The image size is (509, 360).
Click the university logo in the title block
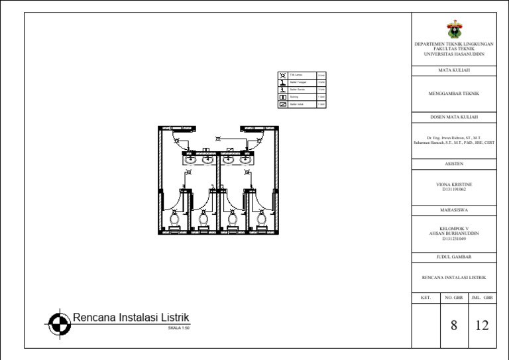(x=454, y=29)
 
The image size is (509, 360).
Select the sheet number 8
(x=454, y=325)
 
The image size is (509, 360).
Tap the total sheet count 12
(x=482, y=325)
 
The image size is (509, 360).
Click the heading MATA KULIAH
(x=454, y=70)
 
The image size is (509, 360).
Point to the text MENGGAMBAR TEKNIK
(x=454, y=93)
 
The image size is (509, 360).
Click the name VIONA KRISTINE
(x=454, y=184)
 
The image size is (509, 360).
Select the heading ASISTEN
(x=454, y=163)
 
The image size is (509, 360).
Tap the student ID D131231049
(x=454, y=238)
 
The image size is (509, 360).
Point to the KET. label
(x=425, y=298)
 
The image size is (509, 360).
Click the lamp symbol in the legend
(x=283, y=75)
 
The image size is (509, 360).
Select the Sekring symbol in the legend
(x=283, y=97)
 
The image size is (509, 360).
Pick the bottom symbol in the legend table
(x=283, y=104)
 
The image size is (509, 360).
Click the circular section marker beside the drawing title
(x=60, y=323)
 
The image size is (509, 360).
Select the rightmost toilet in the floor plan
(x=261, y=217)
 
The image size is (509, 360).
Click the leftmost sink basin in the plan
(x=190, y=159)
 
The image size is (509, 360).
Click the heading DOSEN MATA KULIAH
(x=454, y=117)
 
